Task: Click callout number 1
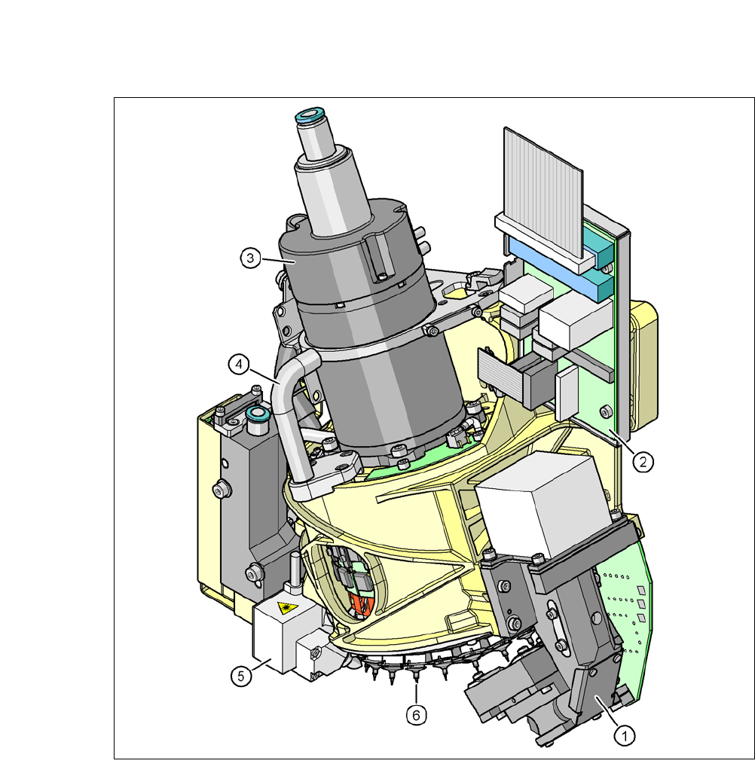tap(625, 735)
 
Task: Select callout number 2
tap(643, 462)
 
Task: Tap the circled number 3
tap(250, 258)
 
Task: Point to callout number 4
tap(239, 365)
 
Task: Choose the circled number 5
tap(241, 677)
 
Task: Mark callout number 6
tap(417, 716)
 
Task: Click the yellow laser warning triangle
tap(287, 608)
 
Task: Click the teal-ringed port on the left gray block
tap(258, 414)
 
